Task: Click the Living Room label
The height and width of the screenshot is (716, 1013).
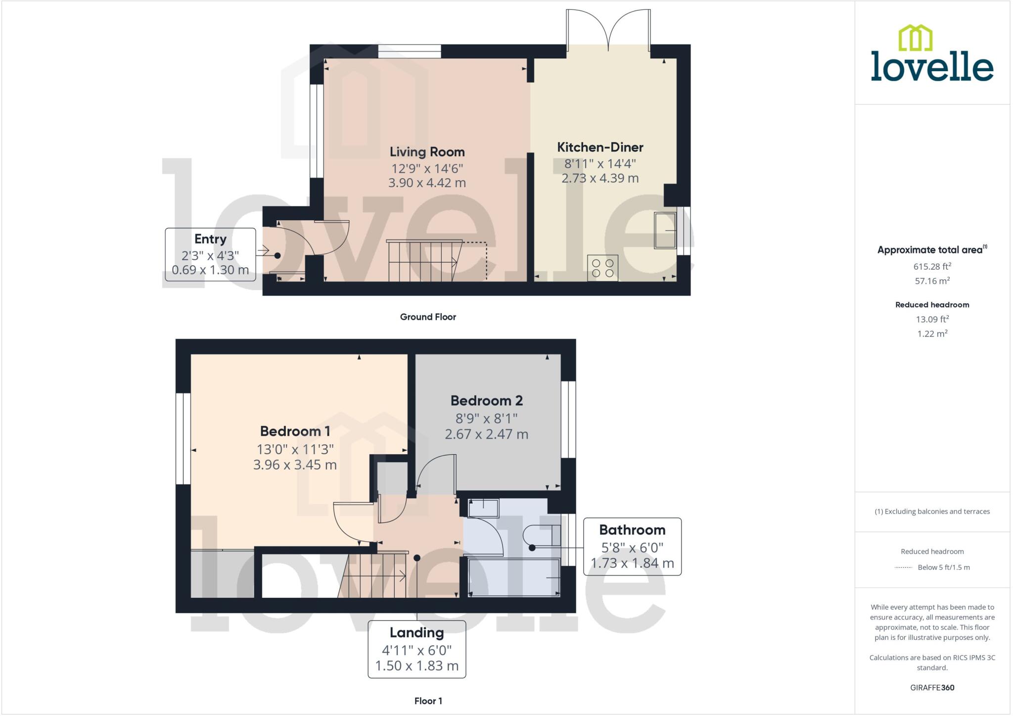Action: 427,152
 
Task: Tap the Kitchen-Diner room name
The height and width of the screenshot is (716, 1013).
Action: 600,147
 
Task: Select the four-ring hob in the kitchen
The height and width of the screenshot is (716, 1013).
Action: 602,268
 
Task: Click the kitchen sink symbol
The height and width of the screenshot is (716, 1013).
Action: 665,230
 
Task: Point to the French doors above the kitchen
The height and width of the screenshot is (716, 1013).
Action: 608,30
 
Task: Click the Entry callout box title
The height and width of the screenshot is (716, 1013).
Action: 210,239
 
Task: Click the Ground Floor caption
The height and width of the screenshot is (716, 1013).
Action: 428,317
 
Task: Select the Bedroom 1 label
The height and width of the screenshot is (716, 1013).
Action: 295,431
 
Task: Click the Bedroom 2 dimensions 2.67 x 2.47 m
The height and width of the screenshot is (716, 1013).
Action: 486,434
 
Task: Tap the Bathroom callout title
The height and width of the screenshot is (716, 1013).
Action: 632,530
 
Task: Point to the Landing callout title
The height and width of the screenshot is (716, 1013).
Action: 416,632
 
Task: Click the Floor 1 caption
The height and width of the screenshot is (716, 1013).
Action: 428,701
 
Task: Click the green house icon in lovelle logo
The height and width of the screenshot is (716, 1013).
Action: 915,38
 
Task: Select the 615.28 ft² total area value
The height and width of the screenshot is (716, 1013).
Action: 932,267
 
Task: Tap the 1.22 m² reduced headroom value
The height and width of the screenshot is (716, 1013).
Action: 932,334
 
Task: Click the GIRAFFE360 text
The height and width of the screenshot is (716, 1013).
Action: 932,687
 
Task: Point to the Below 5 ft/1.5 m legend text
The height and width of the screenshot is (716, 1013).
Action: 943,567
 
